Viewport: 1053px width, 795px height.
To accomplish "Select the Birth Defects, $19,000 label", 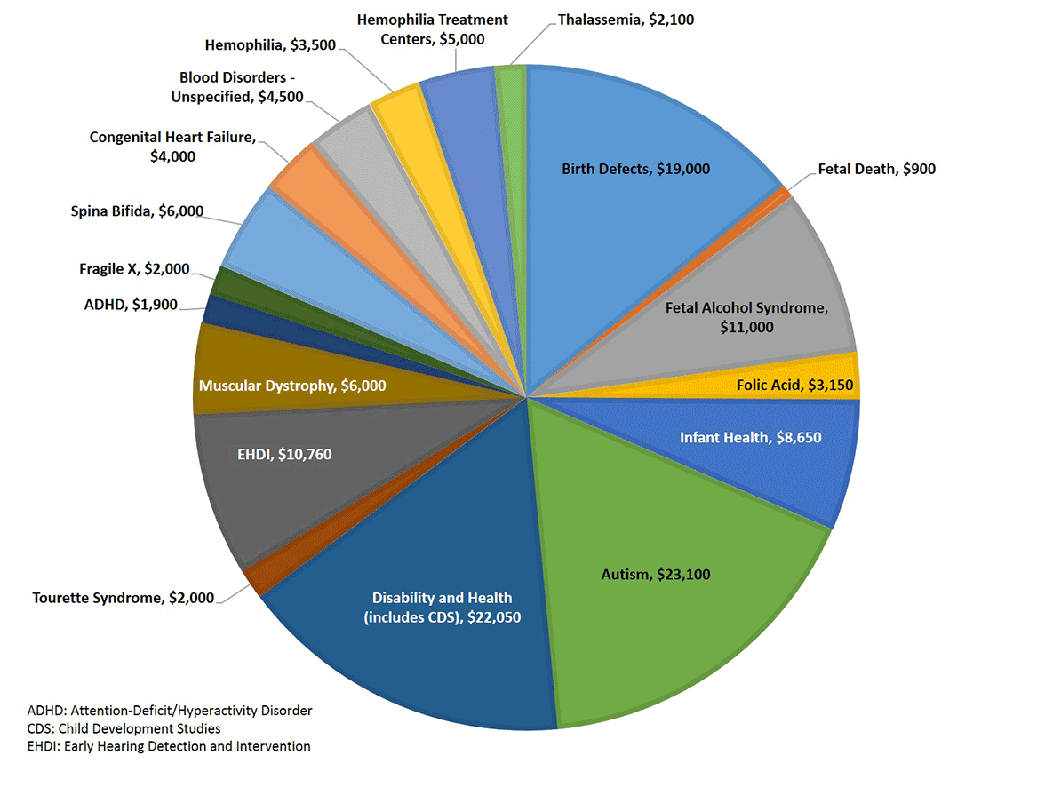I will click(635, 169).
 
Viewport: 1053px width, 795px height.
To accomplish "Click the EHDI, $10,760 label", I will click(283, 456).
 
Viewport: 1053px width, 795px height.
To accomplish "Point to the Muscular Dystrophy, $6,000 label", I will click(292, 386).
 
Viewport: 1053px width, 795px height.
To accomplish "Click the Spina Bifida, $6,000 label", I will click(137, 211).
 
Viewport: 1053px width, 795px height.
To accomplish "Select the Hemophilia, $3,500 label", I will click(270, 44).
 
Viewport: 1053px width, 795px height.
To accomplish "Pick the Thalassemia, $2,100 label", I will click(625, 20).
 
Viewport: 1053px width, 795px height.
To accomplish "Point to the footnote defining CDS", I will click(124, 728).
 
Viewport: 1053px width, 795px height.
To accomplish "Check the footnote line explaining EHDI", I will click(169, 746).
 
